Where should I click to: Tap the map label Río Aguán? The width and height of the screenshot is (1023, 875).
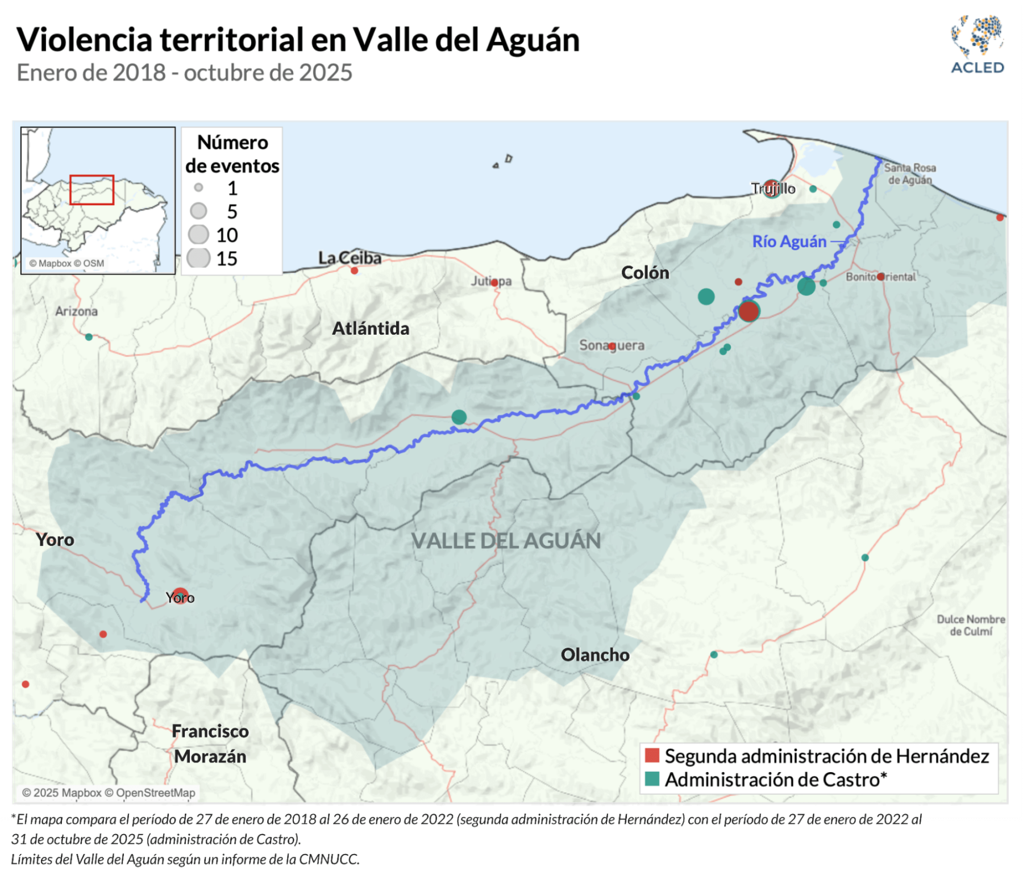click(789, 241)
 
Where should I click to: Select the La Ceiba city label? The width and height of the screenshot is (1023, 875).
click(350, 257)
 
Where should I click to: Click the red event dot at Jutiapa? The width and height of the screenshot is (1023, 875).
click(494, 282)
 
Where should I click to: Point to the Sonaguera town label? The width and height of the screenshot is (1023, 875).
click(612, 345)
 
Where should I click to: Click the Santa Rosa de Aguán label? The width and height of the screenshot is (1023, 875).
click(910, 173)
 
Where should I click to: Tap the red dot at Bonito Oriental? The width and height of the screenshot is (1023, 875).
click(880, 277)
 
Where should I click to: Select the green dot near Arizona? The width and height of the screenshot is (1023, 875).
click(89, 337)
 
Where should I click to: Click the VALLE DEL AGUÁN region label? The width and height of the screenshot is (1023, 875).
click(506, 540)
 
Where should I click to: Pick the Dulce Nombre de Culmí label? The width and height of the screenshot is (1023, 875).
click(971, 625)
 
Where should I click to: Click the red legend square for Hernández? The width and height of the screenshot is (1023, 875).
click(652, 755)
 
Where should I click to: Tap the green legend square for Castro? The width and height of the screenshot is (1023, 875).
click(652, 778)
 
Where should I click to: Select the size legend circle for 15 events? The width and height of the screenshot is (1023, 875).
click(198, 258)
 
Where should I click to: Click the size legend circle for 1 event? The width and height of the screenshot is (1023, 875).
click(198, 187)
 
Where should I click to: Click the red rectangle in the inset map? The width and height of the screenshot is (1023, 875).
click(92, 189)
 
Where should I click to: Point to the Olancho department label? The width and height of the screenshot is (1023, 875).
click(595, 655)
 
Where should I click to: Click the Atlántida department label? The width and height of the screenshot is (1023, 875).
click(371, 328)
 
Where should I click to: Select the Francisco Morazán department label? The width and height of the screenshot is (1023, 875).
click(210, 743)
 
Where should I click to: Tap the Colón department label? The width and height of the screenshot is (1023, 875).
click(645, 273)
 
